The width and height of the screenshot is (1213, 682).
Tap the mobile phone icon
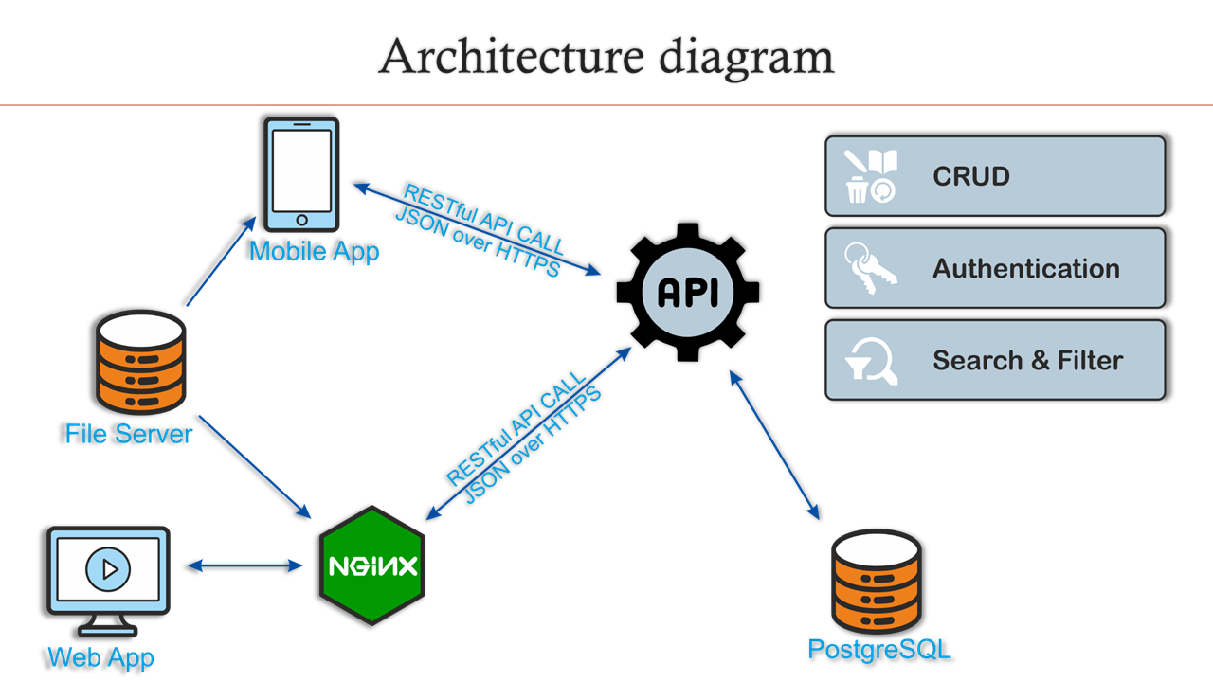[x=300, y=174]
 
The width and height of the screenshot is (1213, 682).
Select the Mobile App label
[x=314, y=251]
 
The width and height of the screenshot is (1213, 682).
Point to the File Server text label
[x=128, y=434]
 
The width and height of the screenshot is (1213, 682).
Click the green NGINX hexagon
[x=372, y=565]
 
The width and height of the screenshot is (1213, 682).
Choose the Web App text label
[x=100, y=656]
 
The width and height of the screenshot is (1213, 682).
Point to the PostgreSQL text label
[x=878, y=649]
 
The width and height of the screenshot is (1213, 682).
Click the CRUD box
[x=995, y=176]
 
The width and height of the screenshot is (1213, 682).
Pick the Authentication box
[x=995, y=268]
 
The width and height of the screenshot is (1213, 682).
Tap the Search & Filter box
[x=995, y=360]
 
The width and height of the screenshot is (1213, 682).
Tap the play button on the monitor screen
[x=108, y=569]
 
